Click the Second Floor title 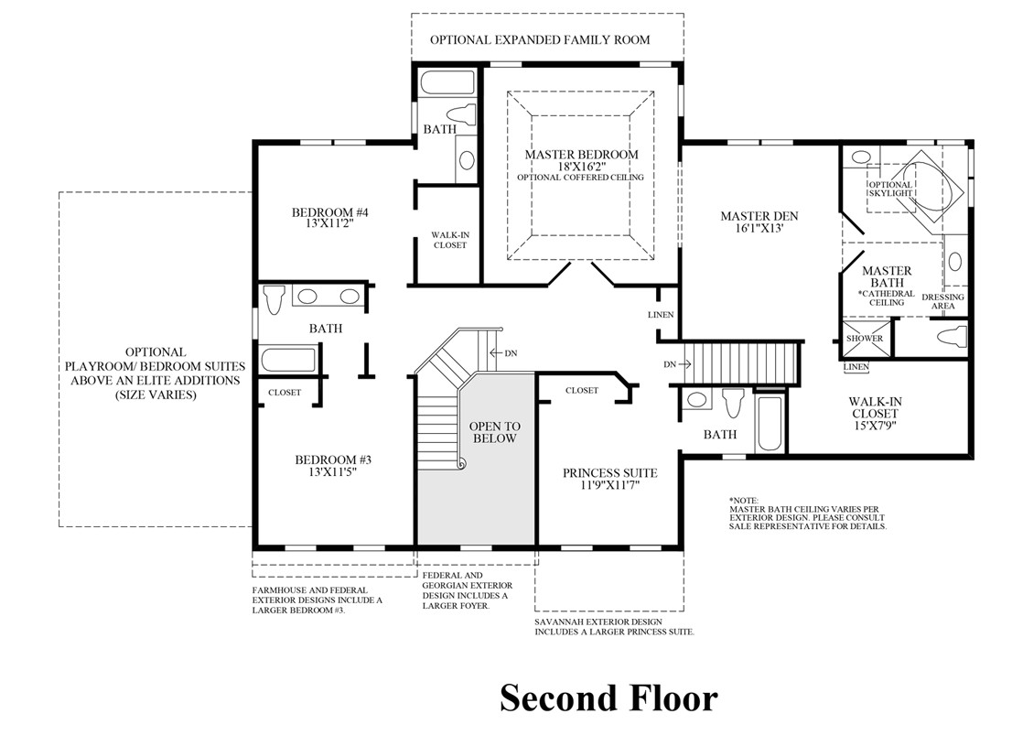coord(608,698)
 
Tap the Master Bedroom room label coord(581,155)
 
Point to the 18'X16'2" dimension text coord(581,167)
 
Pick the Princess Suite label coord(609,473)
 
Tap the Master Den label coord(759,217)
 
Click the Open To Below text coord(494,433)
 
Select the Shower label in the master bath coord(865,339)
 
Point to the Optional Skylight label coord(890,189)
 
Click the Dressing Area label coord(942,302)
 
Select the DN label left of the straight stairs coord(672,364)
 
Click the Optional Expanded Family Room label coord(540,40)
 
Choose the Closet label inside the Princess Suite coord(581,391)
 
